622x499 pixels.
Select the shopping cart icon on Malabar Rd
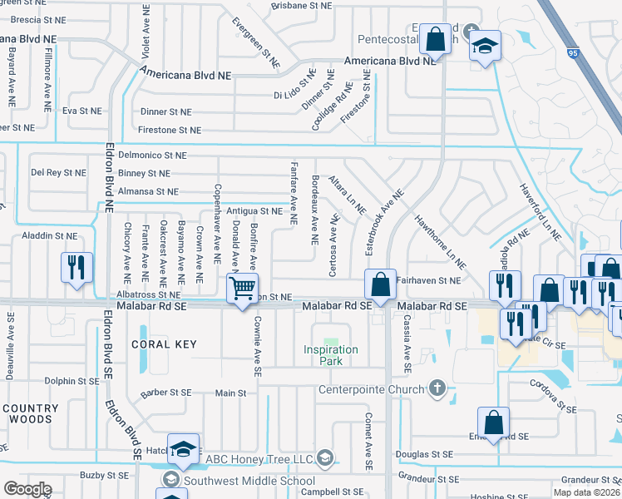point(242,289)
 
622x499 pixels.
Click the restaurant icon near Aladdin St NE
point(77,268)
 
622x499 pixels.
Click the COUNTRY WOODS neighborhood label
point(31,414)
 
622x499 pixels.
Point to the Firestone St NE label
point(170,130)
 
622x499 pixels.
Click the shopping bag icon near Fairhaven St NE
point(380,284)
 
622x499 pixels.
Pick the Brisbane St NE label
point(306,4)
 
